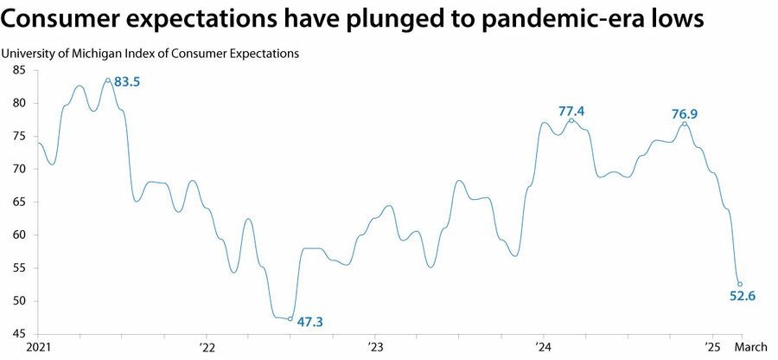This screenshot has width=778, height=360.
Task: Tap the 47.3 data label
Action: pyautogui.click(x=310, y=322)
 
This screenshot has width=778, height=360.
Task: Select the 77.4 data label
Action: pyautogui.click(x=572, y=112)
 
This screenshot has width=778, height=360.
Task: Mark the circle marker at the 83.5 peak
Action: pyautogui.click(x=108, y=80)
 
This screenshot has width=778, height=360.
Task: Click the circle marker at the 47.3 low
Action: pyautogui.click(x=290, y=318)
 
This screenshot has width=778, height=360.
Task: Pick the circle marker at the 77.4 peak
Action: pyautogui.click(x=571, y=120)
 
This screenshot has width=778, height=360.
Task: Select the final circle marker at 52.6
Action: pyautogui.click(x=740, y=284)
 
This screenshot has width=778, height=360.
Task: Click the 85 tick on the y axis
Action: pyautogui.click(x=18, y=70)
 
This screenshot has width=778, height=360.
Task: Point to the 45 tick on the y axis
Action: pyautogui.click(x=18, y=333)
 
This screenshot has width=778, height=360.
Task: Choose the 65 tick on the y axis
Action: pyautogui.click(x=18, y=202)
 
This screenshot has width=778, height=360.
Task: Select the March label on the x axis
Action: pyautogui.click(x=750, y=347)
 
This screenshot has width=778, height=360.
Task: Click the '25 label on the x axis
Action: pyautogui.click(x=711, y=347)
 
